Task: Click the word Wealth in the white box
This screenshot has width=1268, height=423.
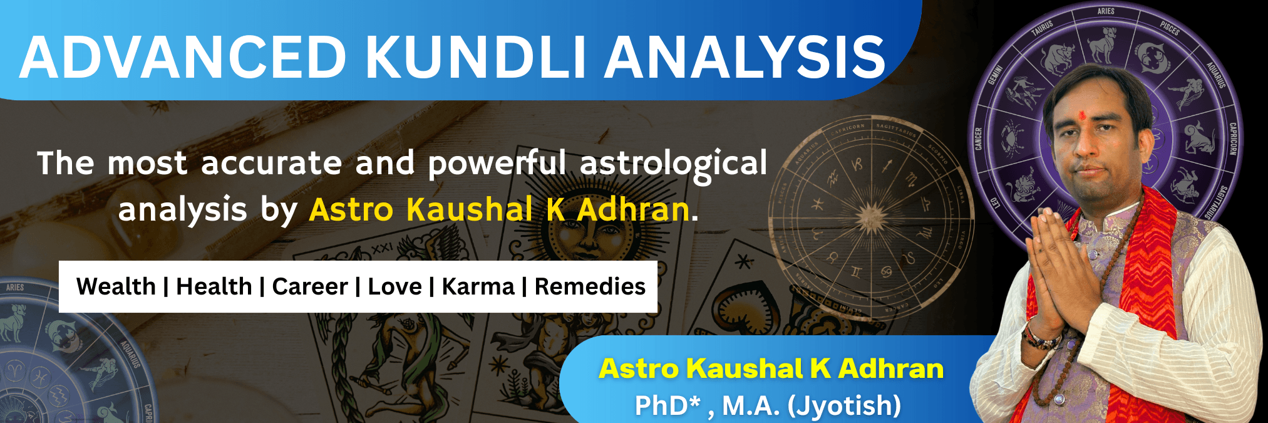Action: pos(116,286)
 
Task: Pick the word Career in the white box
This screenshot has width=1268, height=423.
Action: pos(309,286)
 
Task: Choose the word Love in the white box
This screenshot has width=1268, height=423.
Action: pos(394,286)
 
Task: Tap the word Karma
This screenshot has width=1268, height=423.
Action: pos(478,286)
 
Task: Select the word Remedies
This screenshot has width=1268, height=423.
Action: pos(590,286)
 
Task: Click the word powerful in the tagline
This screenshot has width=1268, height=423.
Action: pos(497,164)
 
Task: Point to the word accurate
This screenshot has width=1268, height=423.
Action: pos(271,163)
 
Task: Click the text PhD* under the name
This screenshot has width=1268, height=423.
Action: pos(667,405)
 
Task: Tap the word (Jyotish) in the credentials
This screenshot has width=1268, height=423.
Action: pos(844,405)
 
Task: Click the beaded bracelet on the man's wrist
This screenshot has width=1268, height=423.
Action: pos(1041,338)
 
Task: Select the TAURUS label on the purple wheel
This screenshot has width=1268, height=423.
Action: pos(1043,29)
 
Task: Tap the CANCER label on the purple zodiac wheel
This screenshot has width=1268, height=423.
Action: pos(978,139)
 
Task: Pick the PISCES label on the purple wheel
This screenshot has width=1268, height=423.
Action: pos(1169,28)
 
